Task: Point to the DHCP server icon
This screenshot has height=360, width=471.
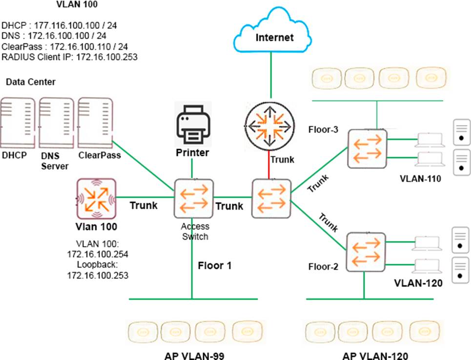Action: coord(18,122)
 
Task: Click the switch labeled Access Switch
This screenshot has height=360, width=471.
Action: coord(193,198)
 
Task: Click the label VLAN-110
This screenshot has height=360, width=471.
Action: coord(420,179)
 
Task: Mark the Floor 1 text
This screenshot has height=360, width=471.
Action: coord(214,266)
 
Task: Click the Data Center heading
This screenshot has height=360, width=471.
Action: coord(31,82)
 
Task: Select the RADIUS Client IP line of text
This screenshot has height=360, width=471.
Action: coord(69,57)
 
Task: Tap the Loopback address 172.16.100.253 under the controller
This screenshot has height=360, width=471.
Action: coord(98,275)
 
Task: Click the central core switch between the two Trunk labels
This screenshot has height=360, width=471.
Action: coord(271,198)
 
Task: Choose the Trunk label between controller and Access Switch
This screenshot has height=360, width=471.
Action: coord(143,205)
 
